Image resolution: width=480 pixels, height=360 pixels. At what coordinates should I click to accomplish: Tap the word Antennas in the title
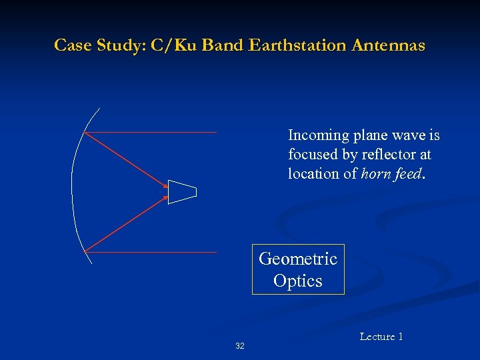coord(390,45)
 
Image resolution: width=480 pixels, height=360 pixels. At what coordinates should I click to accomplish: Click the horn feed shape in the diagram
coord(182,192)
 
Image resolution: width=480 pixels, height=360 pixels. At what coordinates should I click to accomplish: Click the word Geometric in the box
coord(298,259)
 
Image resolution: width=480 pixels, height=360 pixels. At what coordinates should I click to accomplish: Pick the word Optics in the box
coord(298,281)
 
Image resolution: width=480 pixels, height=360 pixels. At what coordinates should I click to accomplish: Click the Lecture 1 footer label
coord(381,337)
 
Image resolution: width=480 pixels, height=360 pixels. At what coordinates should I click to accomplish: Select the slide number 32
coord(240,346)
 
